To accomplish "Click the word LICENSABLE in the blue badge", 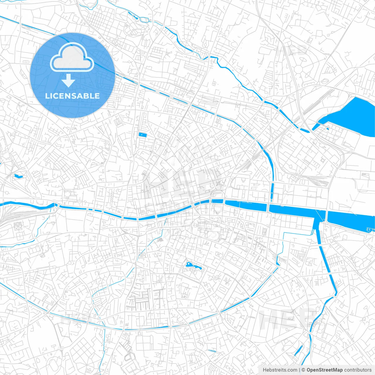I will click(x=72, y=96).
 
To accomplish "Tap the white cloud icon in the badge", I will click(x=72, y=58).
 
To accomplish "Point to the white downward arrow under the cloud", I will click(x=69, y=81).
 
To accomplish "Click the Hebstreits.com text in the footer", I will click(x=280, y=370).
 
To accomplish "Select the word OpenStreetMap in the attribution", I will click(x=325, y=370).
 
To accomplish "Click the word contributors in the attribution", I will click(x=358, y=370).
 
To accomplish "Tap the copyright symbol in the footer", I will click(x=304, y=370).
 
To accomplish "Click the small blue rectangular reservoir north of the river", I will click(x=143, y=134).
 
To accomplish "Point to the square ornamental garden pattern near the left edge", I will click(x=18, y=226).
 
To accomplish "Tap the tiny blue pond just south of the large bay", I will click(x=327, y=128).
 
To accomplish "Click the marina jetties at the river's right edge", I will click(x=369, y=229).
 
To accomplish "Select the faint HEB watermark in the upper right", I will click(x=292, y=50).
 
